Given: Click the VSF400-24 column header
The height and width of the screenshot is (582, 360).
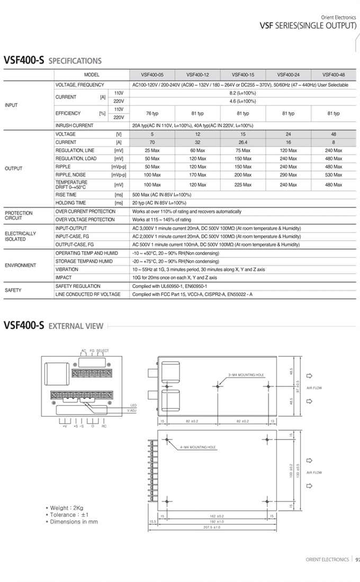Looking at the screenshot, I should (x=288, y=75).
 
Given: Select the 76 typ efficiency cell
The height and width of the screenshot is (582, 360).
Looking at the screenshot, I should (x=152, y=113).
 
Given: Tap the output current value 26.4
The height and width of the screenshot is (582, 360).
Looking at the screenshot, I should (x=243, y=142).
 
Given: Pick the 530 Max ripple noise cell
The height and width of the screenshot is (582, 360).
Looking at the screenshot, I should (x=334, y=175).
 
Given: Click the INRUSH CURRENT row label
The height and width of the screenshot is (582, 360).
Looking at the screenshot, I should (x=74, y=126).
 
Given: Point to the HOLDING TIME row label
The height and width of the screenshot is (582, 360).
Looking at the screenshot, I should (x=70, y=203).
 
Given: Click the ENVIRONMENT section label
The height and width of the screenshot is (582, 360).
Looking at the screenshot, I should (x=21, y=265).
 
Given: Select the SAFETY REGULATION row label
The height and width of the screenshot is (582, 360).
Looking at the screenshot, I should (x=78, y=286).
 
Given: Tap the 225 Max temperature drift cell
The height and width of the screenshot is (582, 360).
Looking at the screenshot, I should (x=243, y=185).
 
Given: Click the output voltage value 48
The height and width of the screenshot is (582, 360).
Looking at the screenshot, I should (x=334, y=135).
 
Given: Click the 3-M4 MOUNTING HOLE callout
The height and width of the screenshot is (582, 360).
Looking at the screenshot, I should (x=246, y=375).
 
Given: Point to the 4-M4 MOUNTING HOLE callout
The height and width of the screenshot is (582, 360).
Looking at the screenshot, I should (x=198, y=447).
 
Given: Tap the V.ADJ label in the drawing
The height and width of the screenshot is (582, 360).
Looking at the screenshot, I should (x=132, y=410).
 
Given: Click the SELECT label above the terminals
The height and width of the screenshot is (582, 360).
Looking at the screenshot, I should (x=102, y=351).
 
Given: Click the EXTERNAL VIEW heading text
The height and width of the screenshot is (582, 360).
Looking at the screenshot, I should (x=76, y=326).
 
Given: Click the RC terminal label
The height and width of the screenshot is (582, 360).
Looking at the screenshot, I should (x=104, y=426).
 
